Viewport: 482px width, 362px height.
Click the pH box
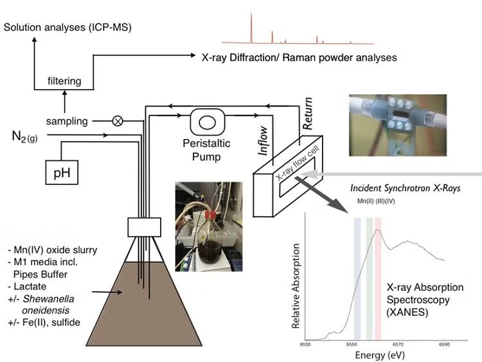pos(62,173)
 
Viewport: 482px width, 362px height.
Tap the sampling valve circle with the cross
pos(118,120)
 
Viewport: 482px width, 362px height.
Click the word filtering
pos(64,81)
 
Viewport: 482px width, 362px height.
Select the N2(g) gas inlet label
pos(24,136)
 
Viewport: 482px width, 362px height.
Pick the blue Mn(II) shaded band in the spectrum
pos(357,276)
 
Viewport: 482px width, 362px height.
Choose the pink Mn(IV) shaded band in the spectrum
pos(378,276)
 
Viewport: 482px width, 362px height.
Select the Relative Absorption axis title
pos(296,286)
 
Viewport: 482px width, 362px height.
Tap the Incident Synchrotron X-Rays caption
pos(396,189)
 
